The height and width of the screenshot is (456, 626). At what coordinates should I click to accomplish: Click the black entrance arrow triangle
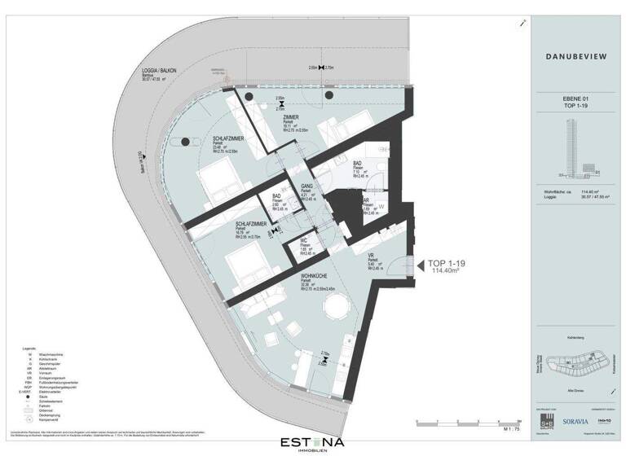click(x=420, y=265)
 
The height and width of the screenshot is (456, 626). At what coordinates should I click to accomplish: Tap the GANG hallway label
click(x=307, y=186)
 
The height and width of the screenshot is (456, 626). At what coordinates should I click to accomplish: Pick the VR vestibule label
click(x=371, y=254)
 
